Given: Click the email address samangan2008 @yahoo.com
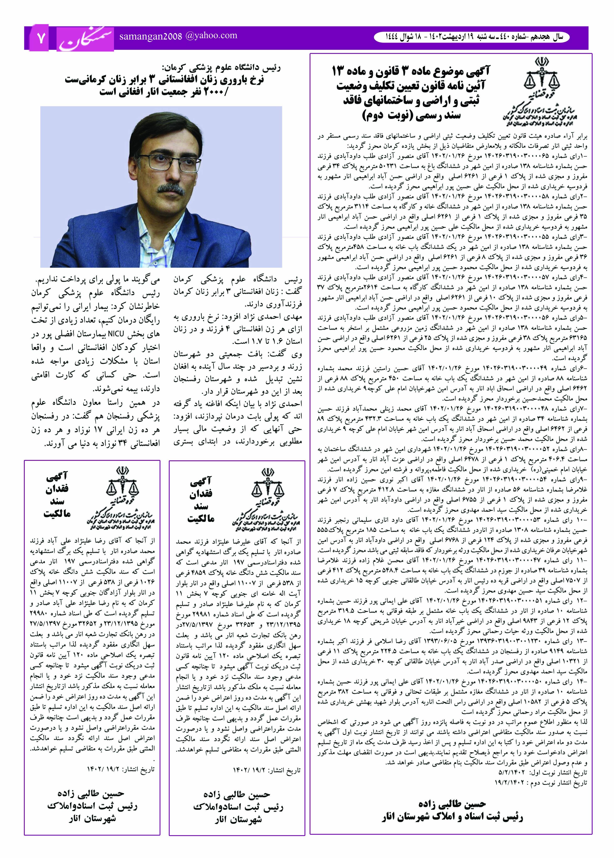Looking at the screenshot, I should pos(178,36).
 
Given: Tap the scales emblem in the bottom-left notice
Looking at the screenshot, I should pos(123,486).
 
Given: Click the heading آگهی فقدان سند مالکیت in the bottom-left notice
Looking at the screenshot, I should pos(57,495).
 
